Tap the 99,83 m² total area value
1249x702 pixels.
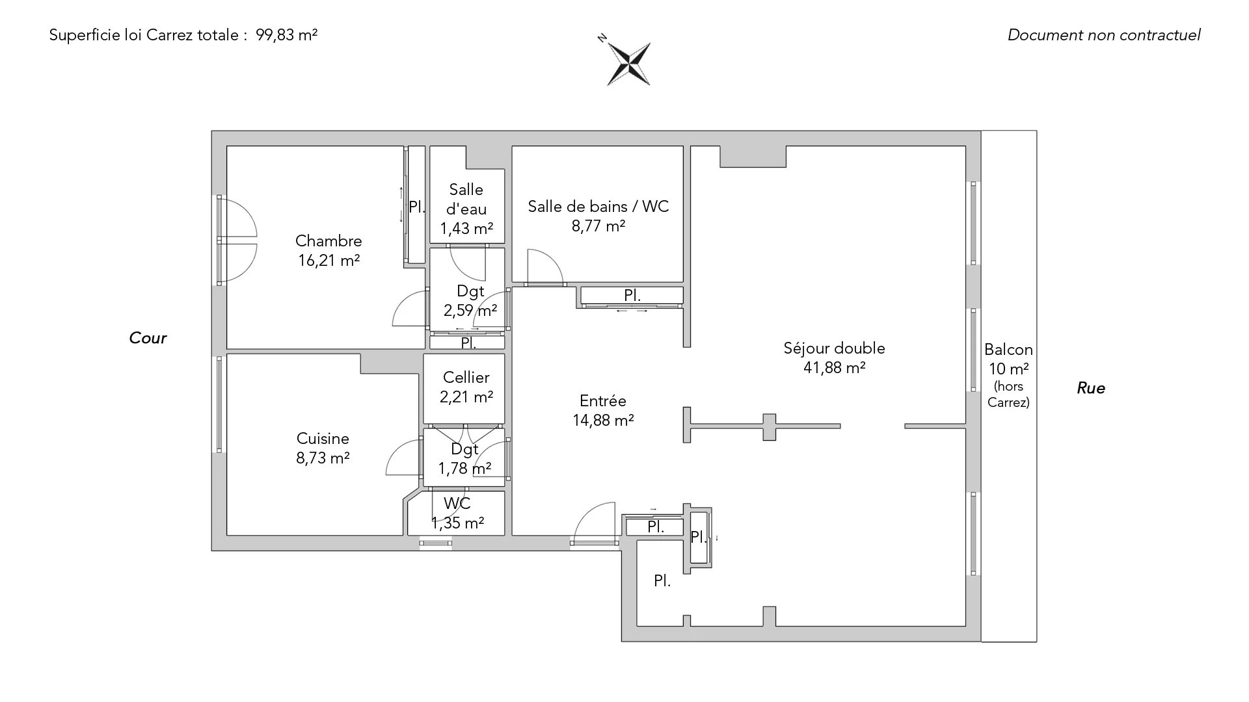pos(287,35)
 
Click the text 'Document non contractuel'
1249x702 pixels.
pos(1103,35)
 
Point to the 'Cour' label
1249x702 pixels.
pos(148,338)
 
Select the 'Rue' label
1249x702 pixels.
pos(1091,388)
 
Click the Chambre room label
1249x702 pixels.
pos(329,241)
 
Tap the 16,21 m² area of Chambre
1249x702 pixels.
pos(329,261)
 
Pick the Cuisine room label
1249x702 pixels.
pos(323,439)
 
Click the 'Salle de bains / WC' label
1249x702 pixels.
pos(598,207)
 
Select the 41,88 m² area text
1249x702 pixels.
pos(834,368)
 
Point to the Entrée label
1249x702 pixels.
pos(602,401)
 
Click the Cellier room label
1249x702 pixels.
pos(466,378)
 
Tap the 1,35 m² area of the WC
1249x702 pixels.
pos(457,523)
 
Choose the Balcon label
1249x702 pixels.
pos(1008,350)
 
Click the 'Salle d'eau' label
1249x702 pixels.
pos(466,199)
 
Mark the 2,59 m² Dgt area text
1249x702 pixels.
pos(470,311)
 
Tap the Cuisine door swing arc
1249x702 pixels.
pos(403,457)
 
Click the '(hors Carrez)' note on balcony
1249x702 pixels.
pos(1008,395)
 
